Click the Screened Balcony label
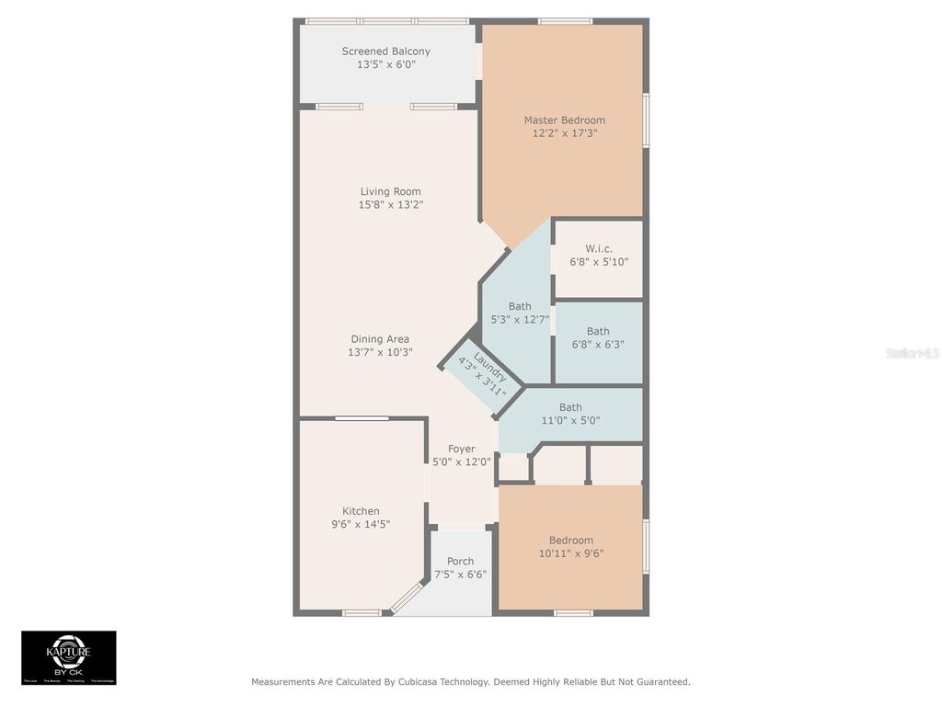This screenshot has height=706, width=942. pos(385,51)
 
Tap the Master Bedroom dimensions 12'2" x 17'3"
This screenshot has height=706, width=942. pos(564,133)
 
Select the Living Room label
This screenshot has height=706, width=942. pos(390,192)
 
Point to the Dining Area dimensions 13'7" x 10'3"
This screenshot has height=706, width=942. pos(379,352)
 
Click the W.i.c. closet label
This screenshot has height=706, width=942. pos(598,249)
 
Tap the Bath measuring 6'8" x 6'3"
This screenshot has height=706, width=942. pos(598,338)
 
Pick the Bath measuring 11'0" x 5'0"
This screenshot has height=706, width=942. pos(570,414)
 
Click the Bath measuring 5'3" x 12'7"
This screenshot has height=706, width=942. pos(520,313)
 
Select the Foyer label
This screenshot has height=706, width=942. pos(461,450)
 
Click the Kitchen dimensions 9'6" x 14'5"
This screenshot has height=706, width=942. pos(361,524)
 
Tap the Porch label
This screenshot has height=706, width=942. pos(460,562)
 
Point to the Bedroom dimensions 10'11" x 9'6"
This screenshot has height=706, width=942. pos(570,553)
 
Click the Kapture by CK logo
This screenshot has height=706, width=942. pos(69,657)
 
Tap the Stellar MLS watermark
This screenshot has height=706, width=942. pos(913,353)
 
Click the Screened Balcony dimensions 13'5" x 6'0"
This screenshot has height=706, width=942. pos(385,65)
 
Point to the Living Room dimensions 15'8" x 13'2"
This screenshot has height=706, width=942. pos(390,205)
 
